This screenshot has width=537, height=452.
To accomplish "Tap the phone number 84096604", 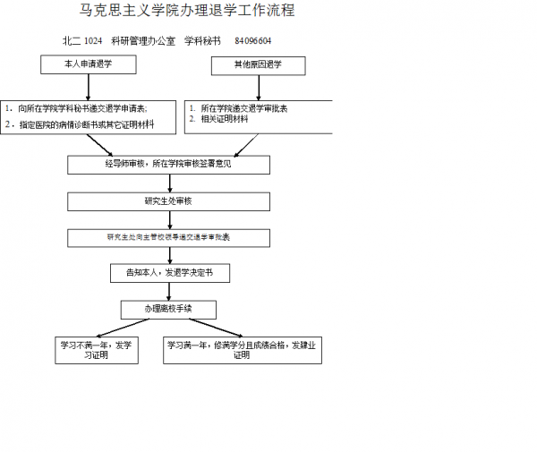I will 253,41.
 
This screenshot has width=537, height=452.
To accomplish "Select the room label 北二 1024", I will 82,41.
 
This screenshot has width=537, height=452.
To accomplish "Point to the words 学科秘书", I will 202,41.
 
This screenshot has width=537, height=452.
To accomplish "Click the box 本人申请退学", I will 88,65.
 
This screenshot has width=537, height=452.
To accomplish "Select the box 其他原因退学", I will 258,65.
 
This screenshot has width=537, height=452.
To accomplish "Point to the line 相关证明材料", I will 224,119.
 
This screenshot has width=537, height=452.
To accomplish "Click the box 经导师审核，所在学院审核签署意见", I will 168,165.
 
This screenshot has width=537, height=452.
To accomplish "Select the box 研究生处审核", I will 168,200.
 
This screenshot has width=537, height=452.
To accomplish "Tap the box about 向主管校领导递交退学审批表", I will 168,237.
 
